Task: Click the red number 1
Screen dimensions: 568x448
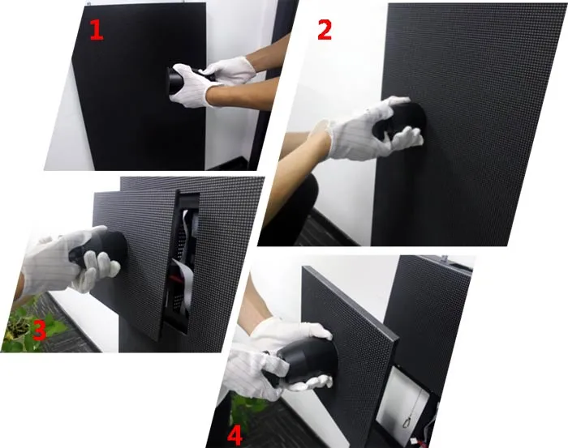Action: (x=97, y=29)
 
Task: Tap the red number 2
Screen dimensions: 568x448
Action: (x=325, y=29)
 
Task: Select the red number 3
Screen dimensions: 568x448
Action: (x=39, y=331)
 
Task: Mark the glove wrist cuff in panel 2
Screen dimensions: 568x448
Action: (x=325, y=138)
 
